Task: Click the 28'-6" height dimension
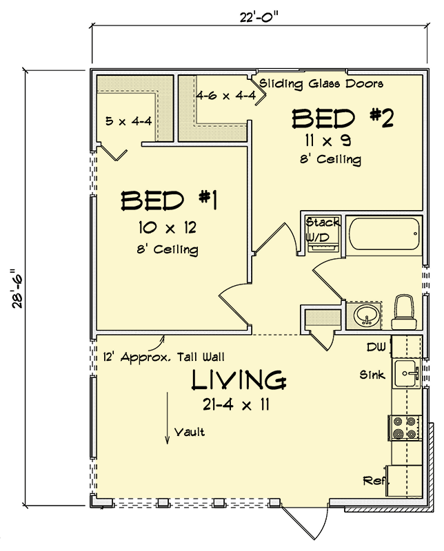(x=17, y=289)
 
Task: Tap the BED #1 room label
(x=168, y=200)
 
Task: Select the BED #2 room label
(x=342, y=118)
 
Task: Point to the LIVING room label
(x=239, y=380)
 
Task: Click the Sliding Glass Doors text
(x=321, y=84)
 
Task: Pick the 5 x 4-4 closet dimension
(x=129, y=121)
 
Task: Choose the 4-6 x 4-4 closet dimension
(x=226, y=95)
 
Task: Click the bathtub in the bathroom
(x=385, y=233)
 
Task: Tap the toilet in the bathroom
(x=404, y=312)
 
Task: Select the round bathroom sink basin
(x=367, y=315)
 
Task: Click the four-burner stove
(x=405, y=427)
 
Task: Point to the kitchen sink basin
(x=406, y=373)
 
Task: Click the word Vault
(x=190, y=432)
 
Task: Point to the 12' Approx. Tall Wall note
(x=163, y=357)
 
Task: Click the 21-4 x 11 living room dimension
(x=236, y=405)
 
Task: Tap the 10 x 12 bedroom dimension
(x=168, y=228)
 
